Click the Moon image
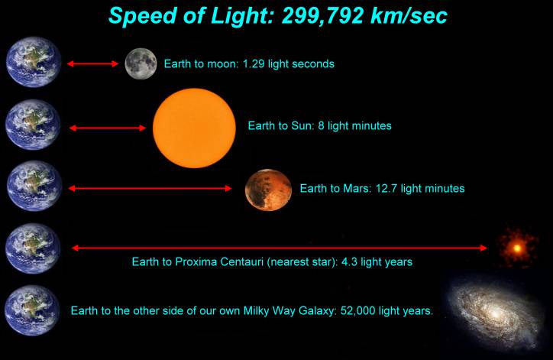click(x=141, y=63)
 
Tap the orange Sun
click(x=195, y=126)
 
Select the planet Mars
click(x=268, y=190)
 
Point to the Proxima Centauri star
click(x=518, y=248)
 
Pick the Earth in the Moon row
click(x=33, y=62)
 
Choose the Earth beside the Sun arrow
click(x=33, y=125)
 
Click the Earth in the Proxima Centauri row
click(x=33, y=248)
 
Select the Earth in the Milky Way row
click(x=33, y=311)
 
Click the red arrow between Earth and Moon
click(x=91, y=64)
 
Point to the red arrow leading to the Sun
click(x=107, y=128)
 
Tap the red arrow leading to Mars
click(x=150, y=188)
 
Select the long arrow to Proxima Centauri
click(x=279, y=248)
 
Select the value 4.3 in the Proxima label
click(x=344, y=261)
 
